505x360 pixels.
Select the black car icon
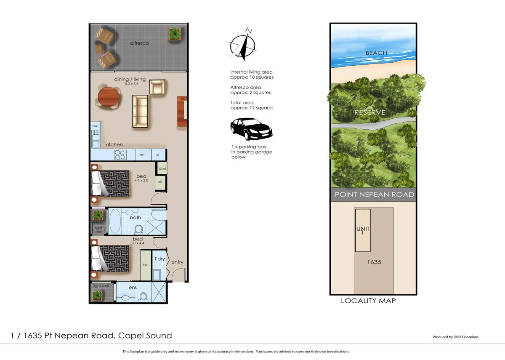click(x=251, y=129)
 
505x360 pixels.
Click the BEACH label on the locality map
click(x=376, y=53)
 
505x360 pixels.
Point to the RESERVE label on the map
click(x=369, y=112)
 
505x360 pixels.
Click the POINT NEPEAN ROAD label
click(x=374, y=195)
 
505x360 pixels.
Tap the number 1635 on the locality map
click(x=374, y=262)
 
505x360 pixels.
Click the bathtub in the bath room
click(x=115, y=221)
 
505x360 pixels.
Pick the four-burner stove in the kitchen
click(x=120, y=155)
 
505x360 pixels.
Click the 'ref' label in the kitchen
click(x=142, y=155)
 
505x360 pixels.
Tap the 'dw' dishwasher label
click(x=95, y=126)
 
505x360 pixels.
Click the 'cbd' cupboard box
click(x=162, y=168)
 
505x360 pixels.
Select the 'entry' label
click(x=177, y=262)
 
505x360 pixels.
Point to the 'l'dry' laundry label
click(x=159, y=259)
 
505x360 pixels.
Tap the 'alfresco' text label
click(x=139, y=43)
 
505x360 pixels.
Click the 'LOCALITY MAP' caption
click(x=368, y=301)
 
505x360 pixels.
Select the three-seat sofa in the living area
click(x=140, y=111)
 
